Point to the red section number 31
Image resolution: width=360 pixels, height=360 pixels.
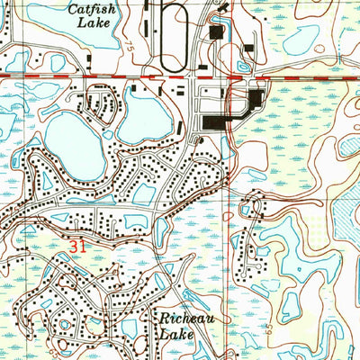[x=78, y=244]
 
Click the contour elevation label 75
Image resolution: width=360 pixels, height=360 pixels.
[x=134, y=45]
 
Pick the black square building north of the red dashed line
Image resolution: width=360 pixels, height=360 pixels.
[x=216, y=32]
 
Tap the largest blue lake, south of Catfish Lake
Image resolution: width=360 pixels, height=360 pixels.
[x=72, y=135]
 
